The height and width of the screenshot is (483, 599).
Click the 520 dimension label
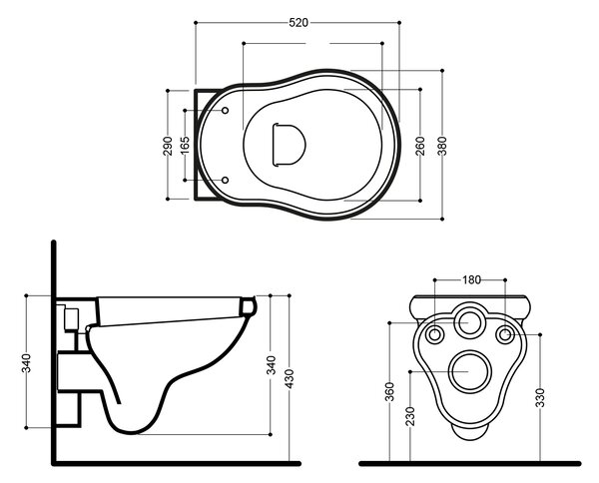[x=298, y=23]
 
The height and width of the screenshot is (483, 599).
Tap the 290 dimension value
[x=168, y=146]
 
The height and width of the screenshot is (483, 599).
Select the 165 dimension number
[x=185, y=145]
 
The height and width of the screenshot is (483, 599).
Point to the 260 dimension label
[x=420, y=146]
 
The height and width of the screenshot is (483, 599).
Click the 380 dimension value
[x=442, y=146]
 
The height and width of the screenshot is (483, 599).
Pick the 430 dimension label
[x=290, y=378]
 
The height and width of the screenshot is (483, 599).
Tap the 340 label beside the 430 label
[x=271, y=365]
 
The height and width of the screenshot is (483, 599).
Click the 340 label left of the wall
[x=26, y=363]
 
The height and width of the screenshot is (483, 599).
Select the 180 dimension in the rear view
[x=471, y=279]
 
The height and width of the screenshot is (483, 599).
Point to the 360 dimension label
[x=389, y=391]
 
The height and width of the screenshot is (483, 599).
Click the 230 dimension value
[x=410, y=416]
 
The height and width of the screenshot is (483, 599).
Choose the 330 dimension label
[x=540, y=397]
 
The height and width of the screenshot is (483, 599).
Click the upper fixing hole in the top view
[x=225, y=111]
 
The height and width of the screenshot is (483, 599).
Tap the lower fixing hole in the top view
[x=225, y=180]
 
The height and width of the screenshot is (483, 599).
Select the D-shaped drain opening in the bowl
[x=289, y=145]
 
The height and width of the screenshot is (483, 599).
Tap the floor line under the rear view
[x=470, y=463]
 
